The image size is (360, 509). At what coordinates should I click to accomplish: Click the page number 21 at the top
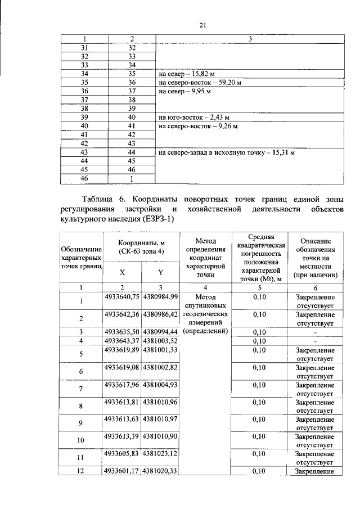(x=204, y=25)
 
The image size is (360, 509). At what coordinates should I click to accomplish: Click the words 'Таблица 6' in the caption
(x=105, y=200)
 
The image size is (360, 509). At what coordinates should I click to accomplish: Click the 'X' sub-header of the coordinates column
(x=122, y=273)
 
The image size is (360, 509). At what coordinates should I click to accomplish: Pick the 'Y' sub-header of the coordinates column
(x=160, y=273)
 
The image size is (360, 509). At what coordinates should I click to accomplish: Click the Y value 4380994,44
(x=160, y=332)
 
